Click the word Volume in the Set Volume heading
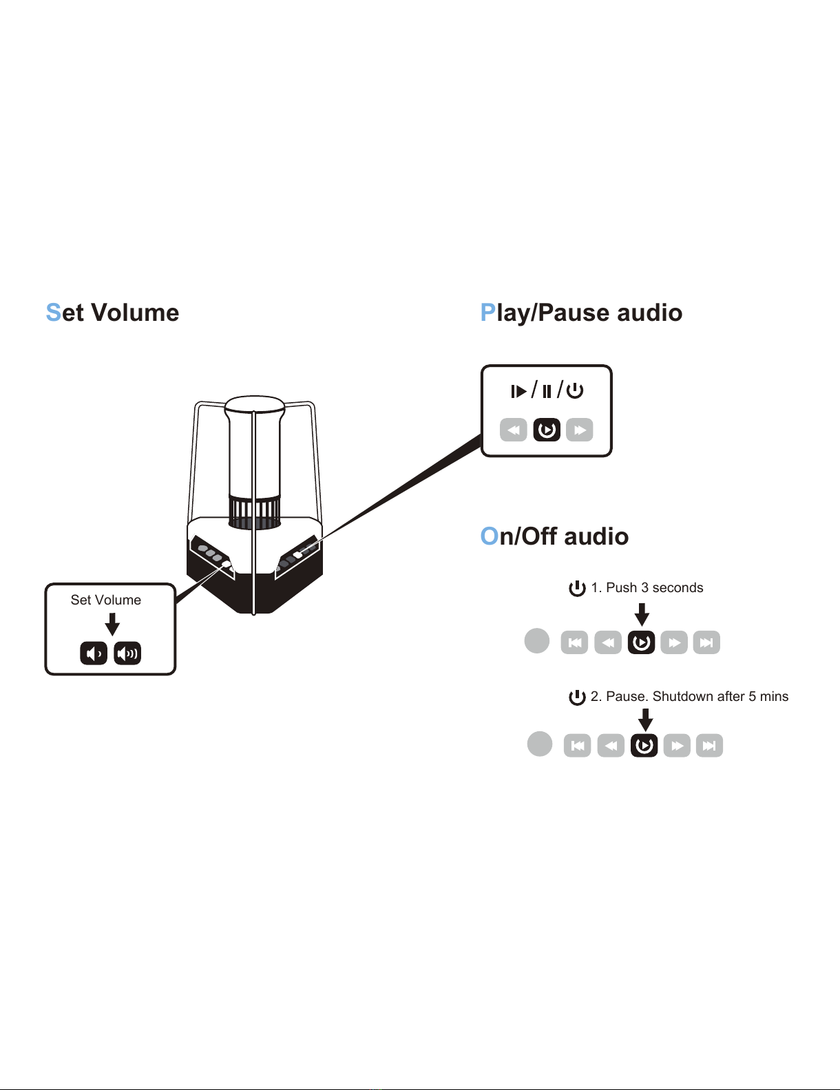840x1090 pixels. pyautogui.click(x=135, y=313)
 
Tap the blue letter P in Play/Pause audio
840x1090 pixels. pyautogui.click(x=487, y=313)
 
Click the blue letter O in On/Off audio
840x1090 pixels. pyautogui.click(x=489, y=536)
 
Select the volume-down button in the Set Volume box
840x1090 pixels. pyautogui.click(x=94, y=653)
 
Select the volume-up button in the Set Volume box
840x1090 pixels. pyautogui.click(x=127, y=653)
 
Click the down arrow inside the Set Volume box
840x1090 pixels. pyautogui.click(x=112, y=625)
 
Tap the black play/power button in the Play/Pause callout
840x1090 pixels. pyautogui.click(x=547, y=430)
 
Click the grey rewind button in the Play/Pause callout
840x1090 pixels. pyautogui.click(x=514, y=430)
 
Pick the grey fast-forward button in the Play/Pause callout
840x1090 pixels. pyautogui.click(x=580, y=430)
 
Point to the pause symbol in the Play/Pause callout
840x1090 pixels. pyautogui.click(x=547, y=390)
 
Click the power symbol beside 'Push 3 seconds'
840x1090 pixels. pyautogui.click(x=577, y=588)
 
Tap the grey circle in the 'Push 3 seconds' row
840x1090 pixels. pyautogui.click(x=536, y=641)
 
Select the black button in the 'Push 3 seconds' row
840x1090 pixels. pyautogui.click(x=642, y=642)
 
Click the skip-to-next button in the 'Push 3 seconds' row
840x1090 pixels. pyautogui.click(x=706, y=642)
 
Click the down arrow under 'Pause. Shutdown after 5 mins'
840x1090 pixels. pyautogui.click(x=645, y=720)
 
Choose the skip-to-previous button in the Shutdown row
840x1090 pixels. pyautogui.click(x=577, y=746)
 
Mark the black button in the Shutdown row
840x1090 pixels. pyautogui.click(x=644, y=746)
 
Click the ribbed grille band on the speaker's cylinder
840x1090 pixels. pyautogui.click(x=255, y=512)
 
